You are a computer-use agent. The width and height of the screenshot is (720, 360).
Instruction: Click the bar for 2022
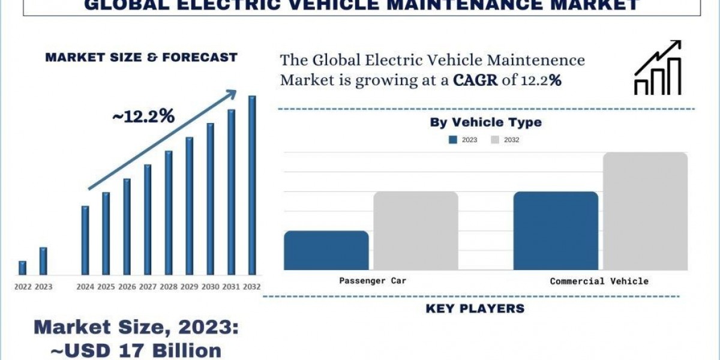[x=22, y=268]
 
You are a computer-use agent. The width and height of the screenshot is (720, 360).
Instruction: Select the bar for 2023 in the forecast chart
[x=43, y=260]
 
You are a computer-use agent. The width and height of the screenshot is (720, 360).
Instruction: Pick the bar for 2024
[x=85, y=240]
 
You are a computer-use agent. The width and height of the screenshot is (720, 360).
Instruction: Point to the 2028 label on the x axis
[x=169, y=287]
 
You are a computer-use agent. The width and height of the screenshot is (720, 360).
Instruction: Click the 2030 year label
[x=210, y=287]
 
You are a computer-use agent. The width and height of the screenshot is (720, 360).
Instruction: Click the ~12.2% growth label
[x=143, y=117]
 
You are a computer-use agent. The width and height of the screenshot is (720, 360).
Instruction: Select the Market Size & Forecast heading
[x=142, y=58]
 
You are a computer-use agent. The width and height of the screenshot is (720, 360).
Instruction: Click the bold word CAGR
[x=475, y=80]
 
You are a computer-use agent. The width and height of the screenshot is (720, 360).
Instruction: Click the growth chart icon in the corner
[x=658, y=67]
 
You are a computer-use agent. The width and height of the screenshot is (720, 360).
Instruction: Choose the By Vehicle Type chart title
[x=485, y=122]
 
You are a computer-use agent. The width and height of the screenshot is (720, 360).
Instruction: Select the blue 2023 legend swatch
[x=454, y=140]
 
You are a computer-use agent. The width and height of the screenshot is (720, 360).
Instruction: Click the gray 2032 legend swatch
[x=495, y=140]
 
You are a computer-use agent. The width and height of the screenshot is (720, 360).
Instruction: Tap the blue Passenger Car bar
[x=326, y=250]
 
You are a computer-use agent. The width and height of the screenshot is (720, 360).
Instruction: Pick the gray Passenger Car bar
[x=416, y=230]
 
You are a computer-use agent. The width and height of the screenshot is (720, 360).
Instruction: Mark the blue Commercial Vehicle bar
[x=556, y=230]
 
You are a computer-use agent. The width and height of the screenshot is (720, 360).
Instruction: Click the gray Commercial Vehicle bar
[x=645, y=211]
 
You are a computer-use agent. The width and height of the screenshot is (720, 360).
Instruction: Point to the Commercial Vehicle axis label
[x=599, y=281]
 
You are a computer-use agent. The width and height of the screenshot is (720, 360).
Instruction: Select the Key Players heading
[x=475, y=309]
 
